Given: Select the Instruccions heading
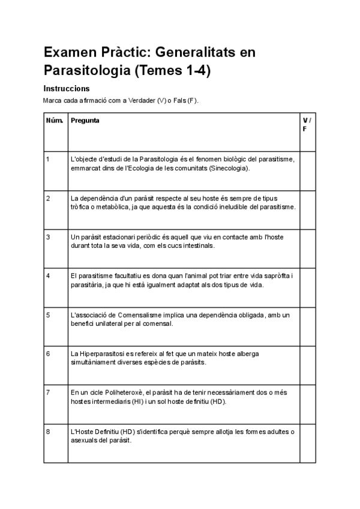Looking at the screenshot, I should [x=66, y=88].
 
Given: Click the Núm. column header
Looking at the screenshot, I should [x=55, y=121].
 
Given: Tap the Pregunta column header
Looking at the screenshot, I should [x=85, y=121].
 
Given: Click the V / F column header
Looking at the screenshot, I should [x=307, y=125].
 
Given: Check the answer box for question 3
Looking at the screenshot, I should [x=307, y=248].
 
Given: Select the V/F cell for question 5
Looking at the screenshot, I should [x=307, y=326].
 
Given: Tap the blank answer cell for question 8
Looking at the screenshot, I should [x=307, y=443].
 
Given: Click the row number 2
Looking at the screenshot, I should [x=48, y=198].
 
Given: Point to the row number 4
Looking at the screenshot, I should [x=48, y=276].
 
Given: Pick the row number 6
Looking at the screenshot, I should [x=48, y=354].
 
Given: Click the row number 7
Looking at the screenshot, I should [x=48, y=393].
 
